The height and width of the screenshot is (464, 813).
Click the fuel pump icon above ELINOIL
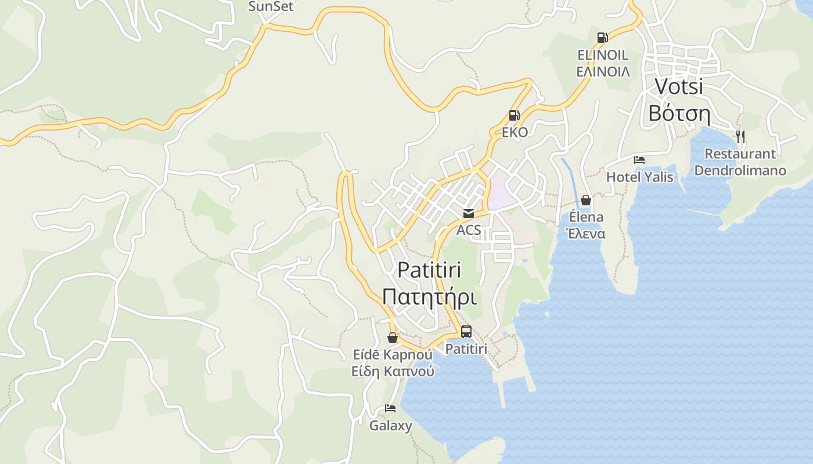click(602, 38)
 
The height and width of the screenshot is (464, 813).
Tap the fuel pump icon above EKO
click(514, 115)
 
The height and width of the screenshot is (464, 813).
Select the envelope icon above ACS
click(469, 213)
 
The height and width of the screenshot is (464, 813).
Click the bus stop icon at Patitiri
click(466, 332)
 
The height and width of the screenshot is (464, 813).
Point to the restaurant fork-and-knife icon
click(740, 137)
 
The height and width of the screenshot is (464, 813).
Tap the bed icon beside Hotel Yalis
click(639, 160)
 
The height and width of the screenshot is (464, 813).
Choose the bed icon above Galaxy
click(390, 409)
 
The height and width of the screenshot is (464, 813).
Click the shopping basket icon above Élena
click(586, 200)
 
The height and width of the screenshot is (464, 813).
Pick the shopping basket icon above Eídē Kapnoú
click(393, 338)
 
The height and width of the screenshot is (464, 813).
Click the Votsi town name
click(679, 86)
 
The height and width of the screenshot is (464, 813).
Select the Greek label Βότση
click(679, 114)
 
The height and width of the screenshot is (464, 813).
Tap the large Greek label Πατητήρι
click(429, 298)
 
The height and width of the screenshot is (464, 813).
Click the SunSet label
click(271, 6)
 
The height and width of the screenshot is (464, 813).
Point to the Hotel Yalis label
click(639, 177)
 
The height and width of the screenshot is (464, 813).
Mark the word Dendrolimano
click(740, 171)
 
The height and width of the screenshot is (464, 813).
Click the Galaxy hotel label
click(391, 426)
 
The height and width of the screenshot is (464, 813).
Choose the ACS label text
click(469, 230)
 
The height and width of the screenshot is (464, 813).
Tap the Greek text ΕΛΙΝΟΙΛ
click(603, 71)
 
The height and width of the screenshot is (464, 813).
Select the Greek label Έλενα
click(586, 234)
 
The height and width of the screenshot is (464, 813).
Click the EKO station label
click(515, 132)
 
